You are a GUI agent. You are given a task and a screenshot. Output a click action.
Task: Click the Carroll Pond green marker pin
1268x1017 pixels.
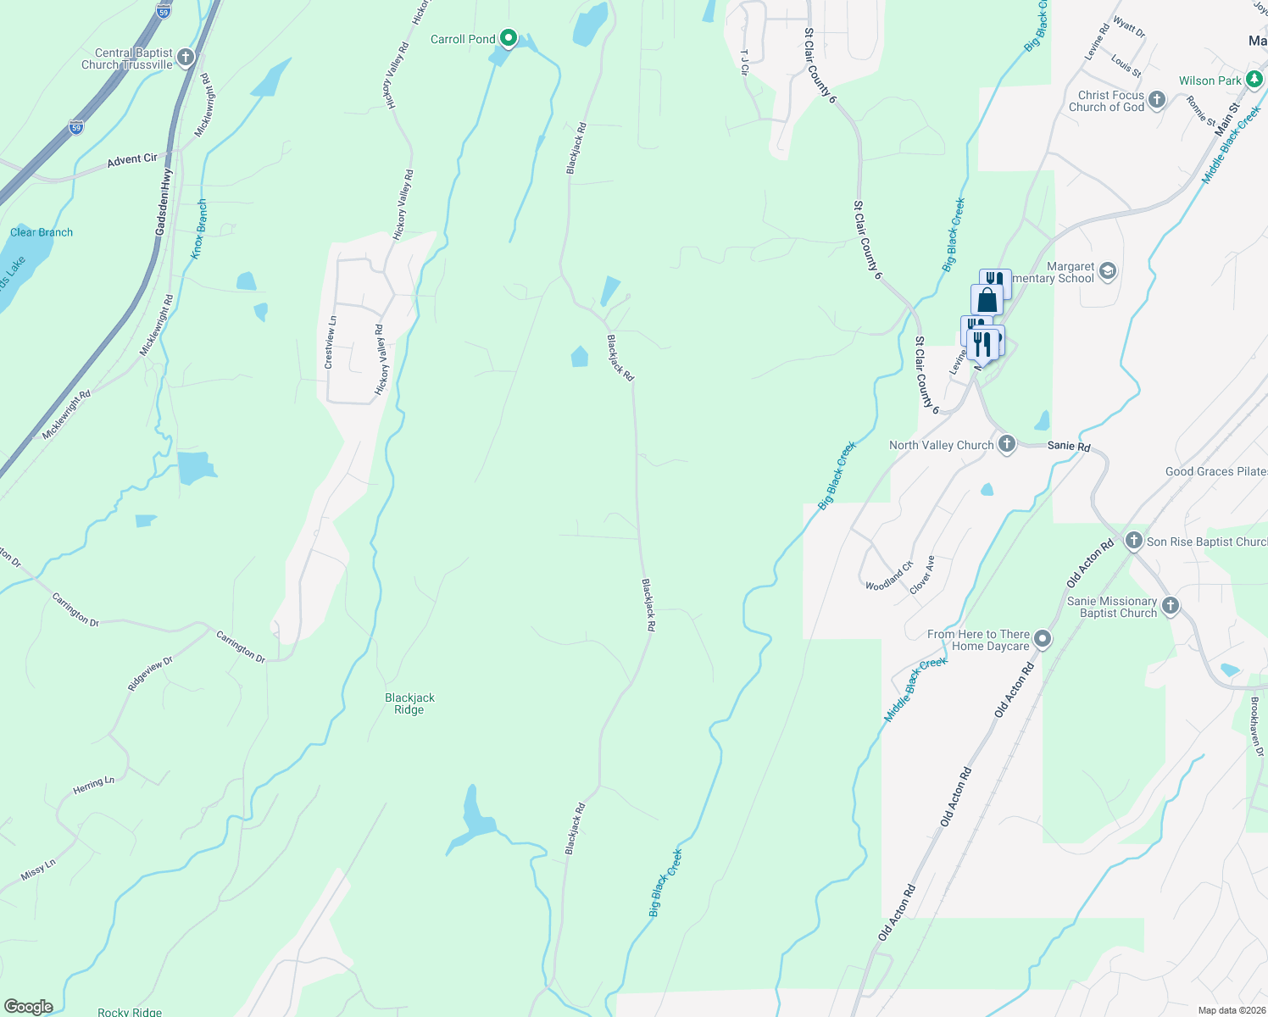coord(509,38)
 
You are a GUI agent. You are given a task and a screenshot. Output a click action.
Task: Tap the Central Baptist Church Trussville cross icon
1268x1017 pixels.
coord(186,58)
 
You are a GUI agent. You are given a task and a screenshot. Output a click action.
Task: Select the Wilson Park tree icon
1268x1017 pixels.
coord(1254,80)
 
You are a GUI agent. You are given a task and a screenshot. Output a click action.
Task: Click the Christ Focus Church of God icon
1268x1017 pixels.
coord(1157,100)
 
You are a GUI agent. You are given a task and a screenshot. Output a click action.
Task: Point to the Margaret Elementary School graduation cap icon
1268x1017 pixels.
coord(1107,271)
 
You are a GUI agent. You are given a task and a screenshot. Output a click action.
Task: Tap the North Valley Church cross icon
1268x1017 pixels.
coord(1006,445)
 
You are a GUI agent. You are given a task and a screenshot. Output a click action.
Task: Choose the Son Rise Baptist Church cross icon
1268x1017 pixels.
coord(1134,541)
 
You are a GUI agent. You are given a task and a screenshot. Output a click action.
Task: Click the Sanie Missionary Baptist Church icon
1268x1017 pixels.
coord(1171,606)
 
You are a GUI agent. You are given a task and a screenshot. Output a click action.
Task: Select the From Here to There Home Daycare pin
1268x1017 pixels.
coord(1043,640)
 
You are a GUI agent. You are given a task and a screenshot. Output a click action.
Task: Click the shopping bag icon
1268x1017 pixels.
coord(987,300)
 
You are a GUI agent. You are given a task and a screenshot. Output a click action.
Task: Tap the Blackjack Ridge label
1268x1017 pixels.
coord(409,703)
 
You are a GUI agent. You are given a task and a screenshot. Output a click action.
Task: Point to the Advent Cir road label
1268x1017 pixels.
coord(132,158)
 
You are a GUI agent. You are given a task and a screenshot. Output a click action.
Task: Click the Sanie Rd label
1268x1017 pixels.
coord(1069,446)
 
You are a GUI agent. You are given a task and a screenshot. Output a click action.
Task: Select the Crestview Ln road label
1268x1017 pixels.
coord(331,342)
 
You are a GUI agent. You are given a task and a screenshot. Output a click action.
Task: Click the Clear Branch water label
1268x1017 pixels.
coord(42,232)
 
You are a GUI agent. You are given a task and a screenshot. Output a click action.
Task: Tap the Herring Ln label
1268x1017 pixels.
coord(93,785)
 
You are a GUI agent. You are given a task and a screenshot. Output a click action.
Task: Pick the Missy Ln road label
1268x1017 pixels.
coord(38,869)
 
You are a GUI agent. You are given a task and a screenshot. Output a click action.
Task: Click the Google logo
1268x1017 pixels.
coord(28,1007)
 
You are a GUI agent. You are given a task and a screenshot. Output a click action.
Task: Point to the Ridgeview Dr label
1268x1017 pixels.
coord(150,674)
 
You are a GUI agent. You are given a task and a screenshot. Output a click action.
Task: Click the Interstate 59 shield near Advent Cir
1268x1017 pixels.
coord(76,127)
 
